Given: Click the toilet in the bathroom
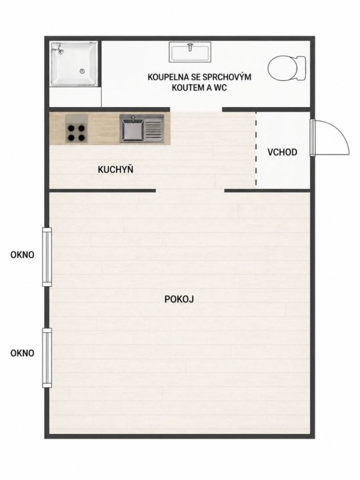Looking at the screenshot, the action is (287, 68).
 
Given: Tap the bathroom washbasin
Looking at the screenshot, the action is (190, 52).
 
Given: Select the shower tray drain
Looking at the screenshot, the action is (82, 71).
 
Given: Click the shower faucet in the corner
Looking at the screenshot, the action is (58, 49).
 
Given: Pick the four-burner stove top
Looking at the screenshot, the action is (76, 129).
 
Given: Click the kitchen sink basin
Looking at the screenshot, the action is (132, 129).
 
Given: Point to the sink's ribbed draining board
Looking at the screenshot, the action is (154, 129).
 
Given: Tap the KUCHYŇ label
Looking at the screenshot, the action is (115, 169).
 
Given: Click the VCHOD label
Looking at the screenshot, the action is (282, 152).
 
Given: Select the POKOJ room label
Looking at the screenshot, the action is (179, 299).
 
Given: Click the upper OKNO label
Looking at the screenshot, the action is (23, 255).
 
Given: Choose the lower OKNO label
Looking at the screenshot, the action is (23, 353).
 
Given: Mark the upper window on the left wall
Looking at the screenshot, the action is (47, 257).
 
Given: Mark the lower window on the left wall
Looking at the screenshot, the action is (47, 358).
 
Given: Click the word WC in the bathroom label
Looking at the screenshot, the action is (220, 88).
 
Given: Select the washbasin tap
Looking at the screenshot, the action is (190, 47).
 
